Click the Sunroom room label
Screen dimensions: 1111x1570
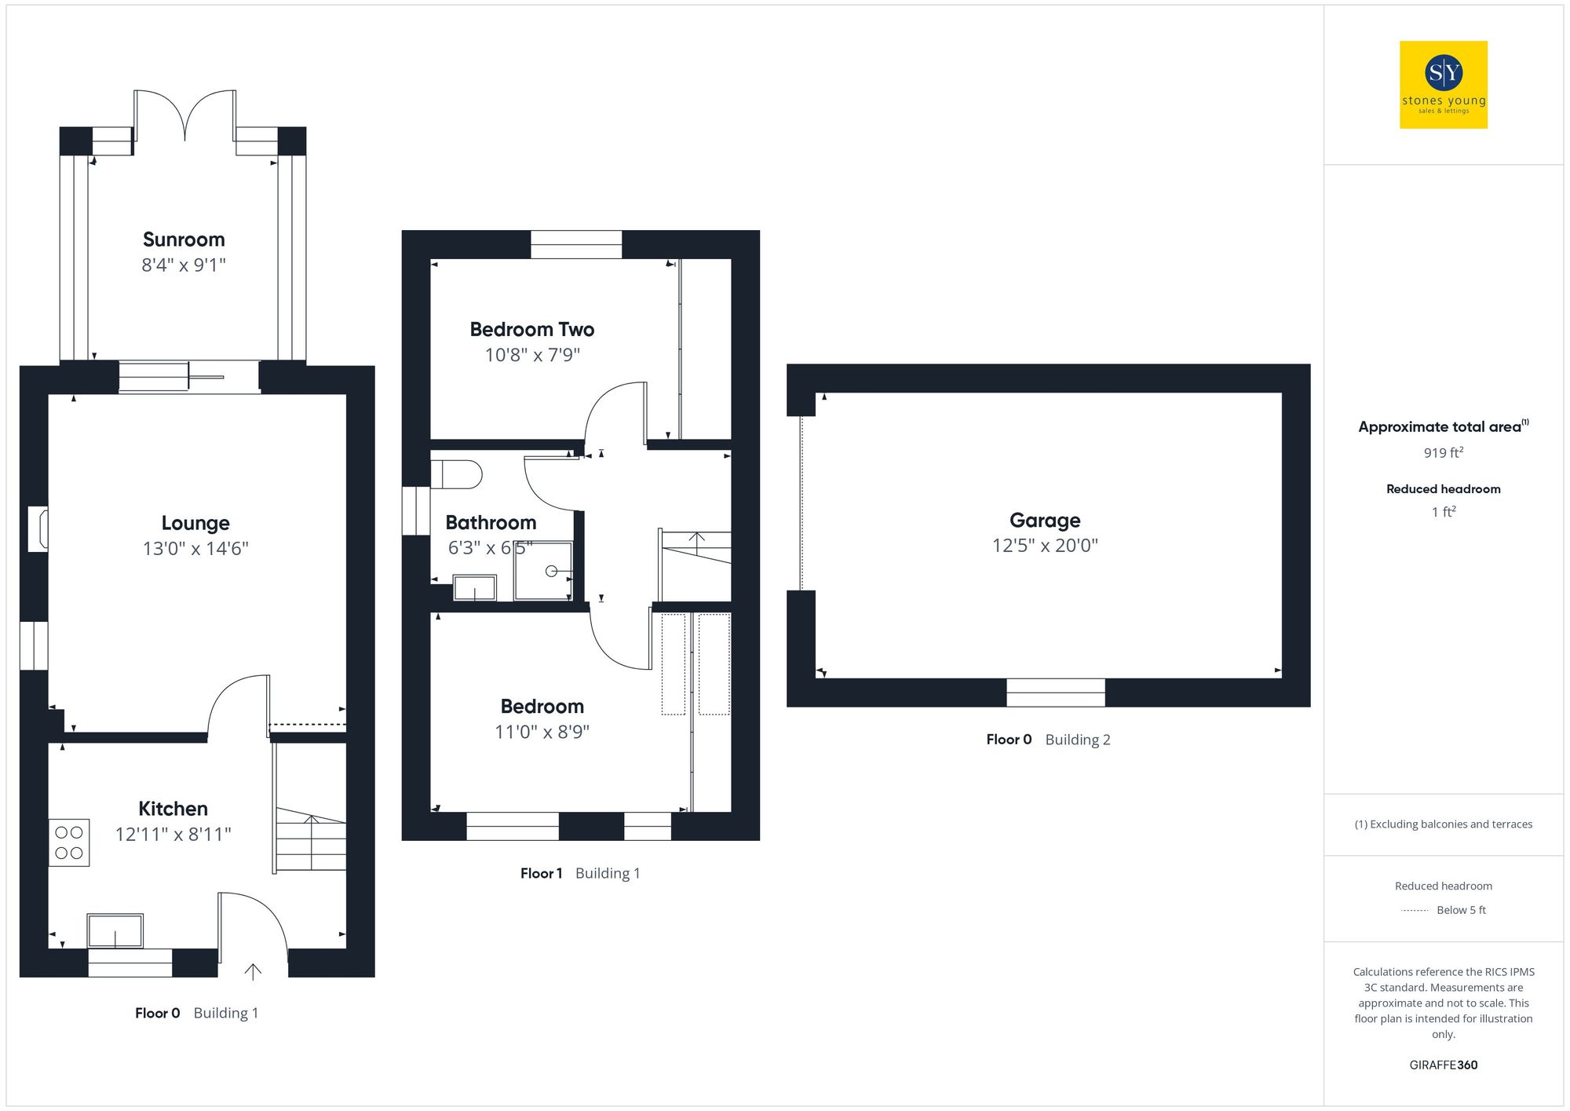pos(184,239)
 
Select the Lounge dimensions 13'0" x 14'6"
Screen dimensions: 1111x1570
pos(195,548)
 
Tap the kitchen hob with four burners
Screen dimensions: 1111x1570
pos(69,842)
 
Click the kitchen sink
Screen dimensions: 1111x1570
pos(115,931)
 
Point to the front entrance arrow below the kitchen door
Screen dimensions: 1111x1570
pos(253,972)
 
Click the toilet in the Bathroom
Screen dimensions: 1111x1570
pos(457,474)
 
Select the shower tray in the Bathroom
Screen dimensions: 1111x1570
pos(543,571)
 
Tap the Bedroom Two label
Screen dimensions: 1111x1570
pos(531,330)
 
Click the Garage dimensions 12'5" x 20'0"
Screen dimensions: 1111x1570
pos(1045,545)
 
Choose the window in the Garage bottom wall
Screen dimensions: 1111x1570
pos(1056,693)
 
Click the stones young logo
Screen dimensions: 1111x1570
pos(1444,85)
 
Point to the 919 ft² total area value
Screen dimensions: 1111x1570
pos(1443,453)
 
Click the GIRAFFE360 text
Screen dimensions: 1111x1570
pos(1443,1065)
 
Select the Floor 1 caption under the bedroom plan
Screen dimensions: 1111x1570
pos(541,873)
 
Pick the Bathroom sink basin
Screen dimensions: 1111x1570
pos(475,587)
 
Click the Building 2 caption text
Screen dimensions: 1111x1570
pos(1077,740)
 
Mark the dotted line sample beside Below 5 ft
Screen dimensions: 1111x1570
pos(1415,911)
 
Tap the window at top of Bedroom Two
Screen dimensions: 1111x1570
pos(576,244)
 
